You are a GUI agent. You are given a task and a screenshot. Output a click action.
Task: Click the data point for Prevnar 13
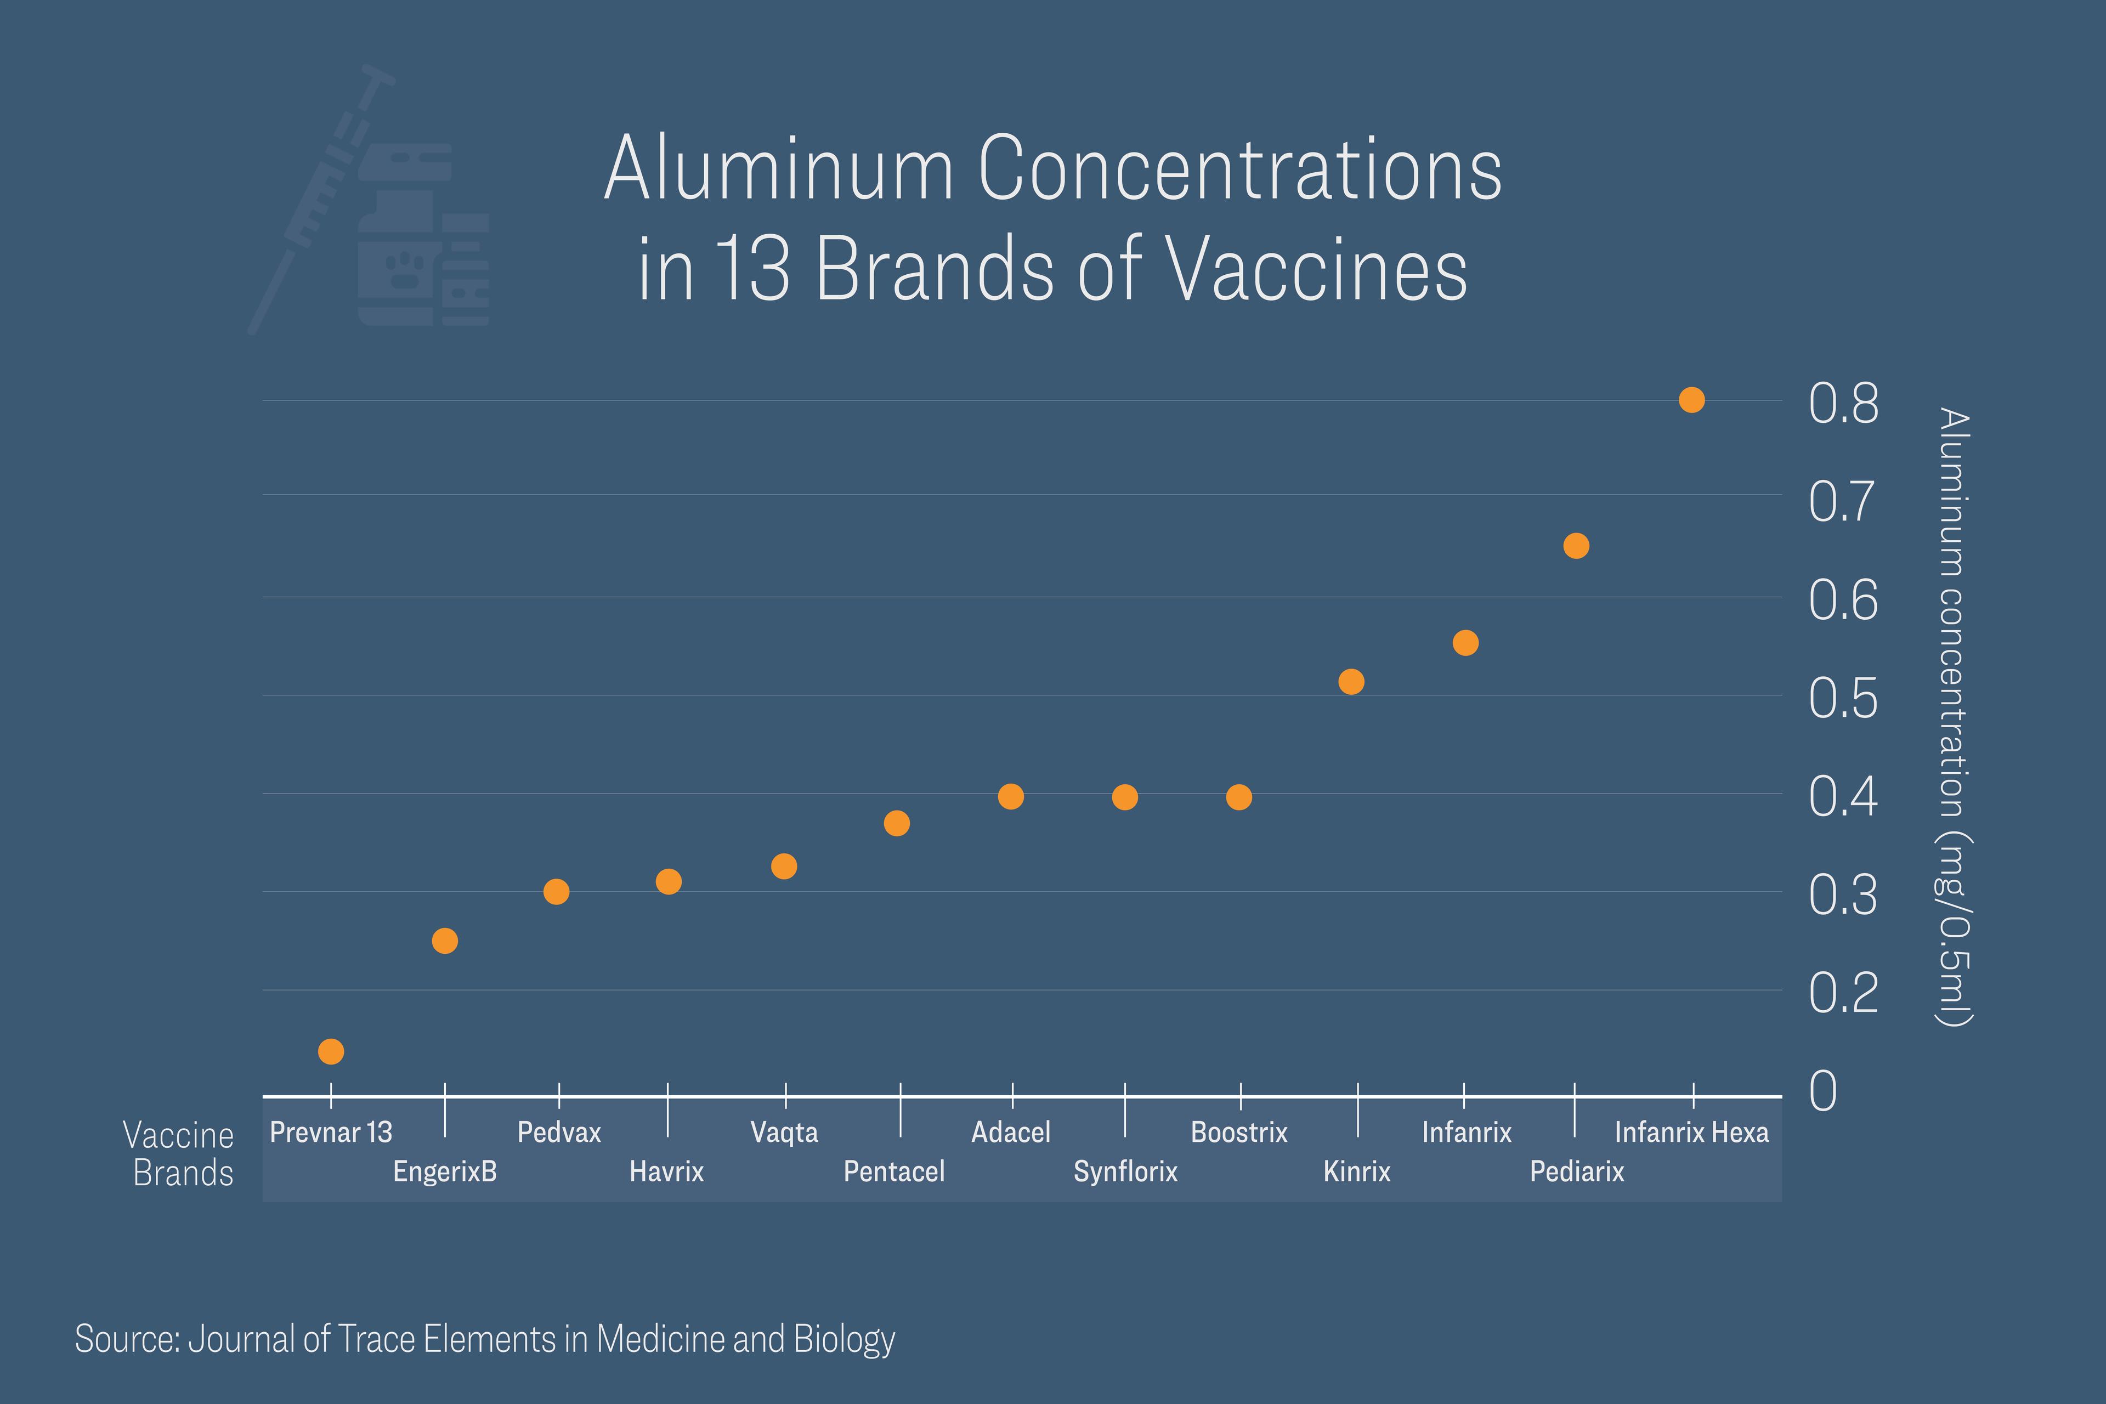click(x=331, y=1051)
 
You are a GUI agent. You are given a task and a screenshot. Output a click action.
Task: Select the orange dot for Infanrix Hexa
click(x=1691, y=400)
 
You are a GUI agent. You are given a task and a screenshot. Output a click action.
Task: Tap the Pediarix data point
click(x=1576, y=546)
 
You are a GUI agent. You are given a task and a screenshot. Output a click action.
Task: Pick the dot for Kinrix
click(x=1351, y=682)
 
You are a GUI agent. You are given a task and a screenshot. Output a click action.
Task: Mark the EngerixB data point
click(x=445, y=941)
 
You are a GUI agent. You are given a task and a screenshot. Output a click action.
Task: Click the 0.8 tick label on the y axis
click(x=1843, y=404)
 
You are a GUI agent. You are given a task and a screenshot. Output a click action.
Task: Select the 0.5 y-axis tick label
click(x=1843, y=698)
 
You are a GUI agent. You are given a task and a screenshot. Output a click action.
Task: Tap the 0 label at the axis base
click(x=1823, y=1091)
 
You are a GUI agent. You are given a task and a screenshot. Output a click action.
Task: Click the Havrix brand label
click(x=667, y=1171)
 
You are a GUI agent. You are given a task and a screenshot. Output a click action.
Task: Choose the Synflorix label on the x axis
click(x=1125, y=1171)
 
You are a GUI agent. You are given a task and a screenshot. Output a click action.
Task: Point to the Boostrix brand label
click(x=1239, y=1133)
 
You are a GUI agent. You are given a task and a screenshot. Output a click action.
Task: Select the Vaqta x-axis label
click(x=784, y=1133)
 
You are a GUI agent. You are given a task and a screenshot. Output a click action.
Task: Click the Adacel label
click(x=1011, y=1133)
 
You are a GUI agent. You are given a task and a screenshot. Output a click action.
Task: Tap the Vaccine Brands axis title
click(x=179, y=1154)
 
